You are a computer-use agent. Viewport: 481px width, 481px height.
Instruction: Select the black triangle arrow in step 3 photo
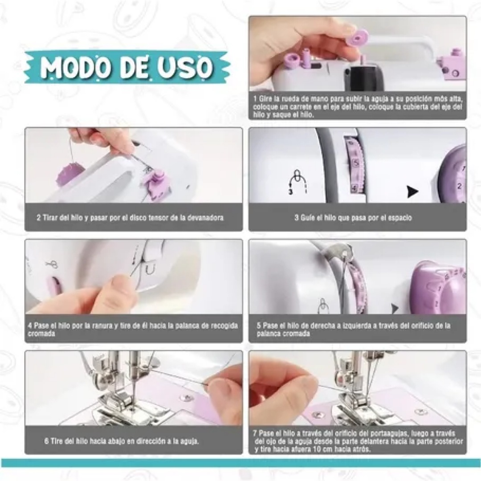412,192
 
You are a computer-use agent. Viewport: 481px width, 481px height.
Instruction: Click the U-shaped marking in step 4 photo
150,269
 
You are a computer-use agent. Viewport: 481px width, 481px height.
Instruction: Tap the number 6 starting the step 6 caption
46,441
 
